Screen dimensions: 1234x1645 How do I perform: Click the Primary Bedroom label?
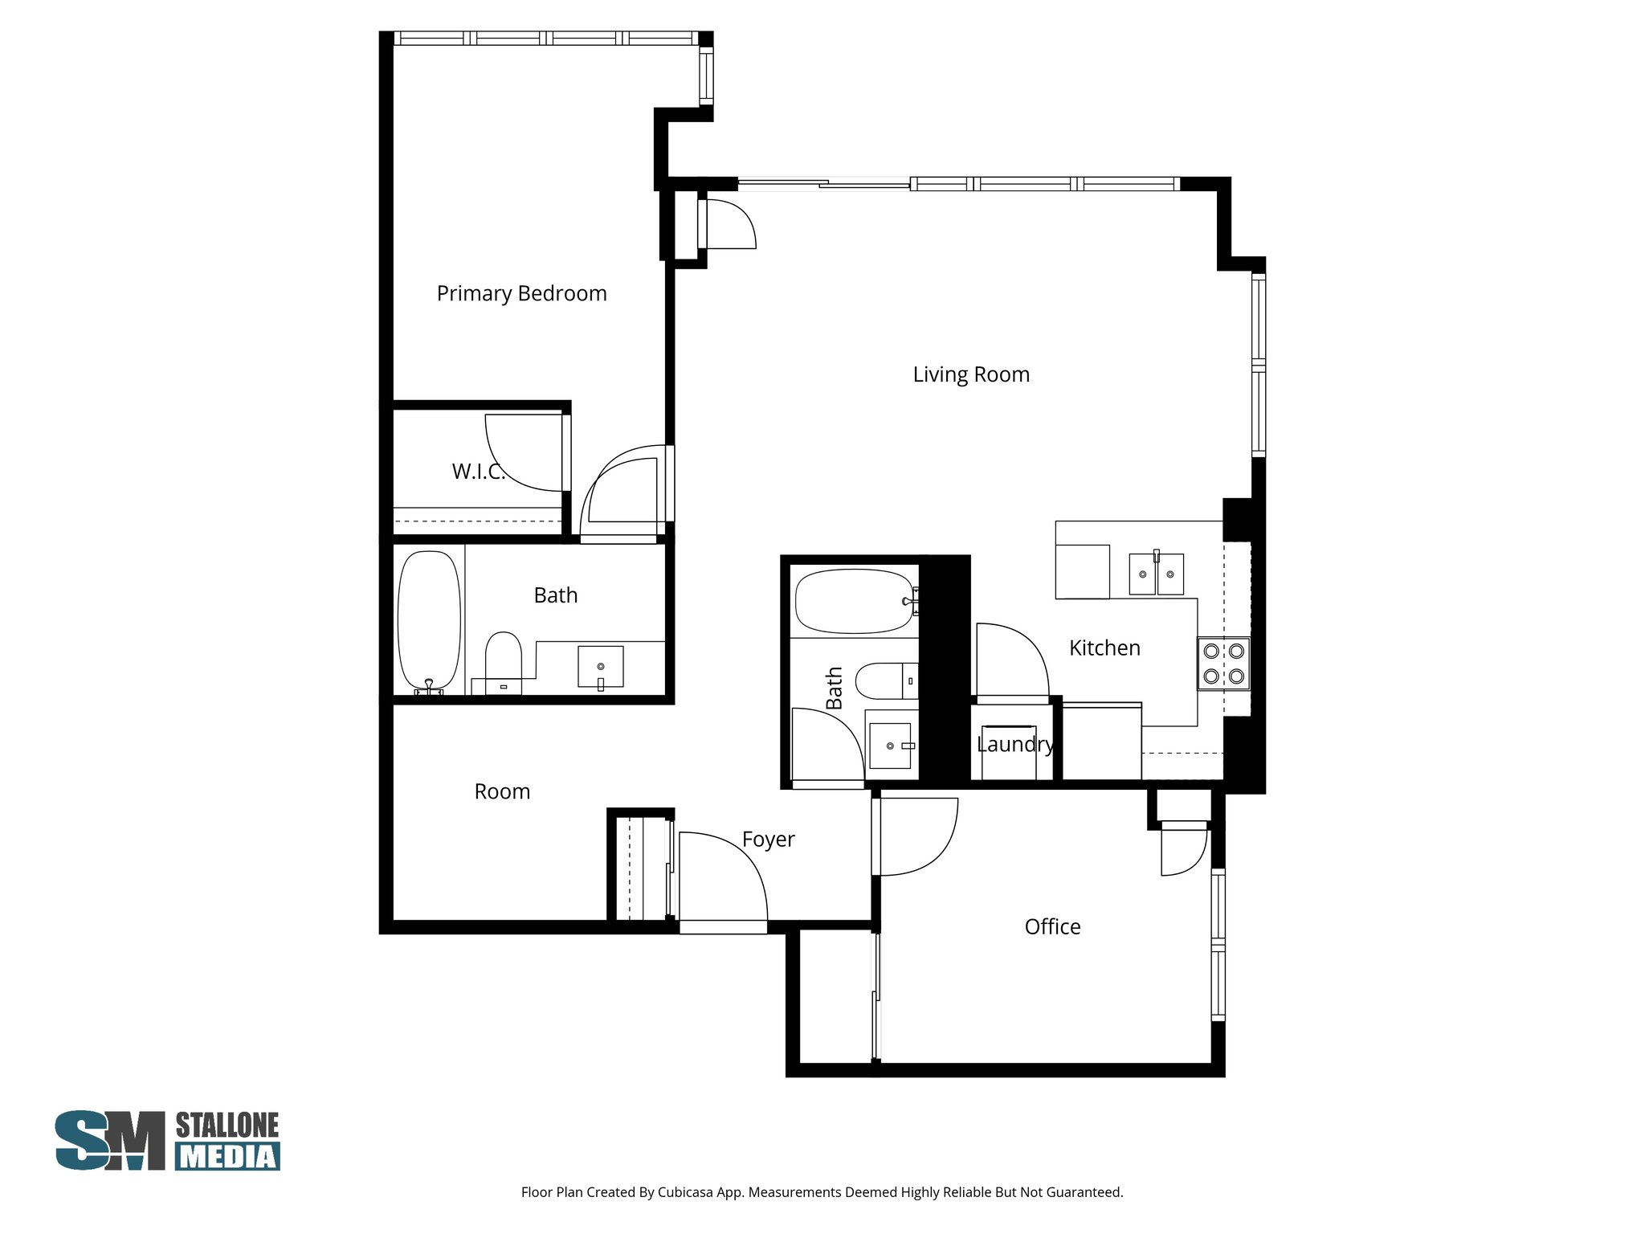tap(521, 293)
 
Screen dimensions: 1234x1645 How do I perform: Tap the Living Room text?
tap(970, 374)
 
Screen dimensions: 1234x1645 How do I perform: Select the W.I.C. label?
tap(478, 472)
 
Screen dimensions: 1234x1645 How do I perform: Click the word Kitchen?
tap(1104, 648)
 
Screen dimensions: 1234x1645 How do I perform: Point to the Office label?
tap(1051, 926)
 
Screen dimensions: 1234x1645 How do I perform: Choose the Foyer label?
tap(768, 839)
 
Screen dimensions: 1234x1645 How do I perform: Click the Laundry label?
tap(1014, 744)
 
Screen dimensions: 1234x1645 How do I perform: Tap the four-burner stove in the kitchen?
tap(1223, 664)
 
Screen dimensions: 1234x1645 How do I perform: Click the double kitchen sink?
tap(1156, 574)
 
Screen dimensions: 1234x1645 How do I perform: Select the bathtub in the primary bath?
tap(429, 620)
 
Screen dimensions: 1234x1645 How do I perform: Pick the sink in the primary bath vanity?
tap(600, 667)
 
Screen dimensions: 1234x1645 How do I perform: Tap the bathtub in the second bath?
tap(855, 600)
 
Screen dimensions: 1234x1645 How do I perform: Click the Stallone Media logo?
tap(167, 1140)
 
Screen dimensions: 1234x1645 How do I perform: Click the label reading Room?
tap(502, 791)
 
